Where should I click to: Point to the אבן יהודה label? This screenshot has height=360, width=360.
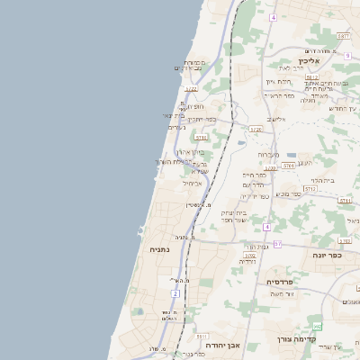(220, 345)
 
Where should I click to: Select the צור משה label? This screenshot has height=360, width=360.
(283, 294)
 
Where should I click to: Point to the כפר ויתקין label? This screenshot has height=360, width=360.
(199, 119)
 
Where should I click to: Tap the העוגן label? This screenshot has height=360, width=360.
(304, 163)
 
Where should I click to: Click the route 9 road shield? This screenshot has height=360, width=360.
(346, 56)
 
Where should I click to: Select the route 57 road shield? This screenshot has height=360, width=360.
(277, 244)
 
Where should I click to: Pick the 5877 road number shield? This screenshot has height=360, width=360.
(344, 36)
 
